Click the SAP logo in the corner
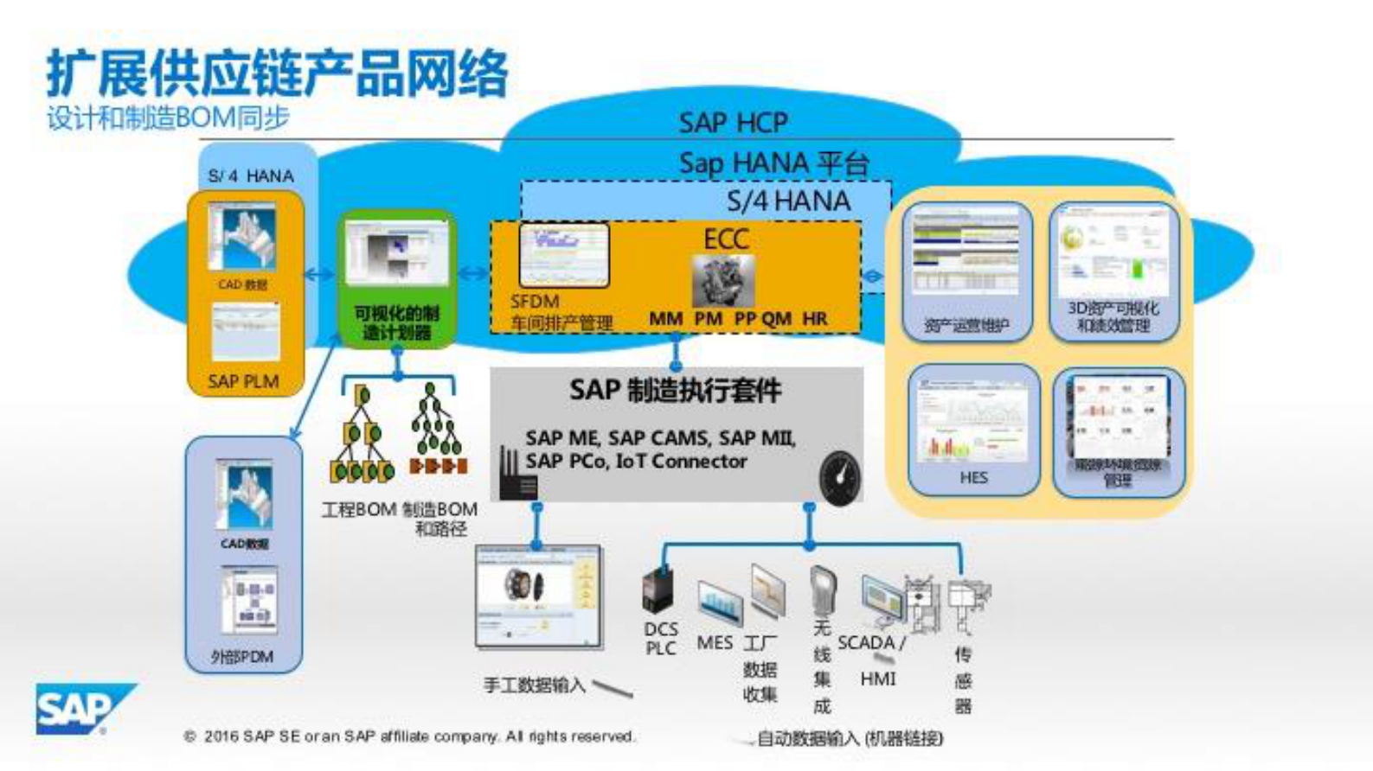click(83, 709)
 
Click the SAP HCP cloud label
click(733, 123)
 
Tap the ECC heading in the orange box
click(726, 239)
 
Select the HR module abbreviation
click(815, 319)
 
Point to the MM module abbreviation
click(665, 319)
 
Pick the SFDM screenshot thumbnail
click(564, 255)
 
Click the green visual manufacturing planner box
click(397, 279)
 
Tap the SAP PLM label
click(243, 381)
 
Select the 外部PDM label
click(242, 657)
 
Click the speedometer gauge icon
click(839, 477)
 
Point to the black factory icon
click(517, 475)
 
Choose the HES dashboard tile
click(973, 430)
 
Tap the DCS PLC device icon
click(658, 590)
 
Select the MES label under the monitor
click(715, 643)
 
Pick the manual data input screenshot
click(538, 596)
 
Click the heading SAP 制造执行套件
click(676, 391)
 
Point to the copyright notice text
click(410, 736)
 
